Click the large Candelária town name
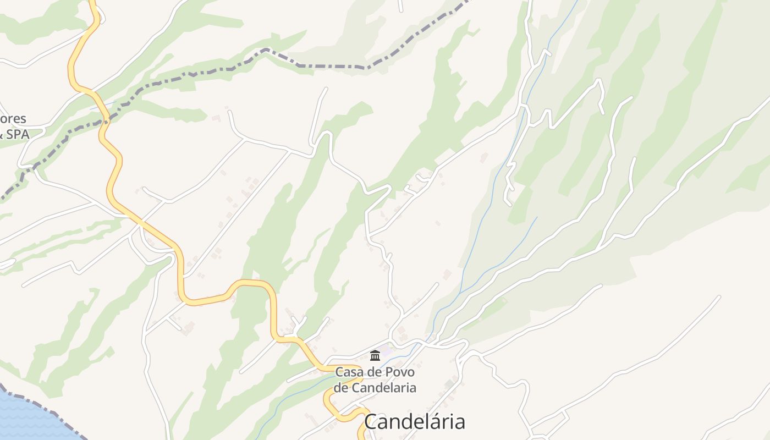(x=414, y=422)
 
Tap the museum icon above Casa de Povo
(x=375, y=355)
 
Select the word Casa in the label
(x=349, y=372)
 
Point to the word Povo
(x=400, y=372)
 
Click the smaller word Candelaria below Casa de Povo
(x=384, y=388)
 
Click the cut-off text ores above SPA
(x=13, y=119)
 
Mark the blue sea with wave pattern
(x=28, y=418)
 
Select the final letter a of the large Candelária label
(x=459, y=422)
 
